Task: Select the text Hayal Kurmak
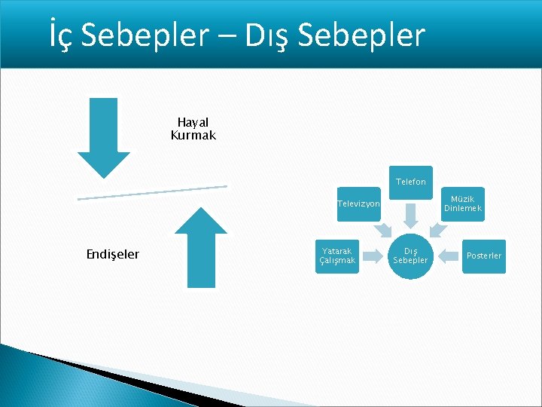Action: tap(193, 129)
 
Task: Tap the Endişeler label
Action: tap(113, 255)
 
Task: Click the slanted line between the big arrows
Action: tap(152, 192)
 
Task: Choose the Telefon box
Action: tap(410, 182)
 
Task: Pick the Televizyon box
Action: tap(358, 203)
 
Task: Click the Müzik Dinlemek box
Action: tap(462, 203)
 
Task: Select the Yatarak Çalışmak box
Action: tap(337, 256)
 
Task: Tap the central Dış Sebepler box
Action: tap(410, 256)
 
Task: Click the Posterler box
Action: tap(483, 256)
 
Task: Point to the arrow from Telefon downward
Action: tap(410, 216)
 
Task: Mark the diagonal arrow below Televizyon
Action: tap(382, 228)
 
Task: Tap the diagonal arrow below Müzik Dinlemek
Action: tap(437, 228)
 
